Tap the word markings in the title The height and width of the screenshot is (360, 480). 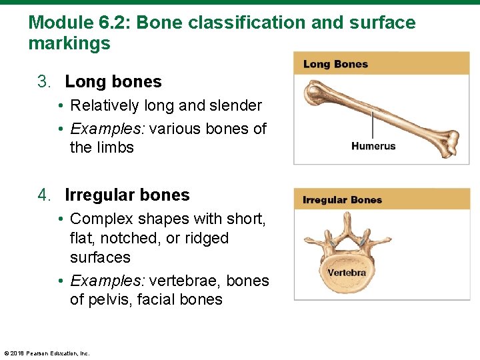pyautogui.click(x=69, y=44)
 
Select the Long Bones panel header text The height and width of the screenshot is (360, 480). pyautogui.click(x=335, y=64)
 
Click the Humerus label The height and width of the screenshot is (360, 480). pyautogui.click(x=373, y=146)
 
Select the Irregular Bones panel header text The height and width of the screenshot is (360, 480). pyautogui.click(x=342, y=200)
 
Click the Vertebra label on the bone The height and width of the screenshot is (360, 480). pyautogui.click(x=347, y=273)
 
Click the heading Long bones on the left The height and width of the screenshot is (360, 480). pyautogui.click(x=113, y=82)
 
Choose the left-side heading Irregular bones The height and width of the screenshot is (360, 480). pyautogui.click(x=127, y=195)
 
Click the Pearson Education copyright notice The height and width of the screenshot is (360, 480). pyautogui.click(x=47, y=353)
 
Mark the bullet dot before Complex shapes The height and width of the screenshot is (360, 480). pyautogui.click(x=60, y=219)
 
